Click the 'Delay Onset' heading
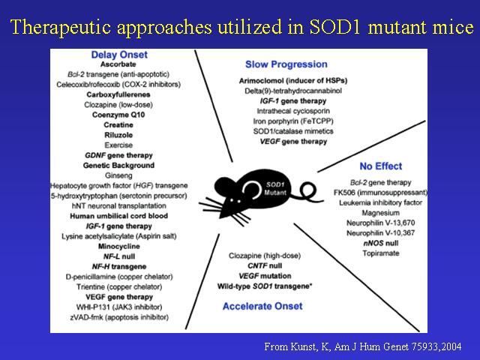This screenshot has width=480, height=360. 119,55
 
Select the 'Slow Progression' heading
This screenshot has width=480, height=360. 286,64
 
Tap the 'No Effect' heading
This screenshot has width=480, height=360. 381,166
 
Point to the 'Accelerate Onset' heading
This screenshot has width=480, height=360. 262,306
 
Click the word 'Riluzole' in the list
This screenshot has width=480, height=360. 118,135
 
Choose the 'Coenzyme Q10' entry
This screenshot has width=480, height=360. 118,115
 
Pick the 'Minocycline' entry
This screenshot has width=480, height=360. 118,247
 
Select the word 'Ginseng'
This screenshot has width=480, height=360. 118,175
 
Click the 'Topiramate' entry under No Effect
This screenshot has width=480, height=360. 381,253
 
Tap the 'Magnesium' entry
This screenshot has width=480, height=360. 380,213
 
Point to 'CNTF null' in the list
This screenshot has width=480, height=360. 265,265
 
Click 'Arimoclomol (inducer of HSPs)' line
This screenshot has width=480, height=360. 293,81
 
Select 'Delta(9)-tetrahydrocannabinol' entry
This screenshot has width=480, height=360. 293,91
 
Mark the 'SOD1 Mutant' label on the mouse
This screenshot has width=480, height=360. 275,188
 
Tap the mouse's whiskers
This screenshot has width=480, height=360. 211,205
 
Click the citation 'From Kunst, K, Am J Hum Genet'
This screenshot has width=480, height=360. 336,346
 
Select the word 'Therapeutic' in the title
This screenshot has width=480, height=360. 61,27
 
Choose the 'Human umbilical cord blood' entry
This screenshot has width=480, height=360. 118,216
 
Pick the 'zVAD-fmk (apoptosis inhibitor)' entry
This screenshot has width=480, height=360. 119,317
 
